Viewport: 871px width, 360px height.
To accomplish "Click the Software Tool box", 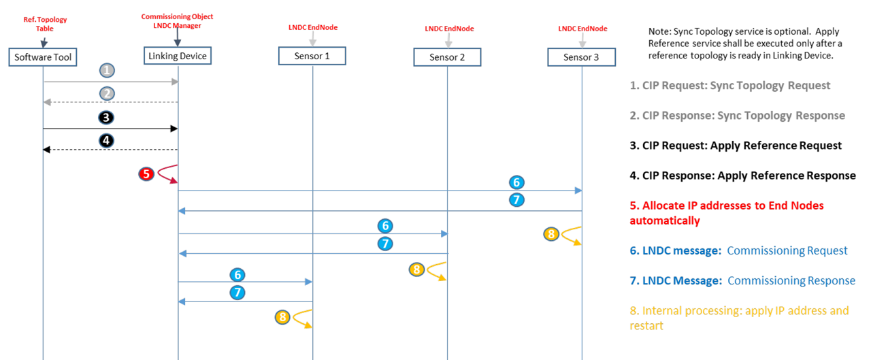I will pos(43,56).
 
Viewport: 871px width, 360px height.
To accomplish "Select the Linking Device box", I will pos(178,56).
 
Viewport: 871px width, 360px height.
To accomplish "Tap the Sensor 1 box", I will pos(312,56).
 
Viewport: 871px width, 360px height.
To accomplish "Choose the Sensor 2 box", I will pos(447,57).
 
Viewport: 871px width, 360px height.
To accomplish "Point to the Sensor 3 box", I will pos(581,57).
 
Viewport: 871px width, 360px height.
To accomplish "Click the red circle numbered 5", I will pos(146,174).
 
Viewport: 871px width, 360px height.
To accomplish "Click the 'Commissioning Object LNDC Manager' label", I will pos(177,20).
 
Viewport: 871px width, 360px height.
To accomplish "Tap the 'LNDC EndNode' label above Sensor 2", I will pos(448,29).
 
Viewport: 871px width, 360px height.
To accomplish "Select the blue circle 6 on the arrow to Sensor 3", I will pos(516,182).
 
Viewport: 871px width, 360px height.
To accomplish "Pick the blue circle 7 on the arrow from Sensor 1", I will pos(237,293).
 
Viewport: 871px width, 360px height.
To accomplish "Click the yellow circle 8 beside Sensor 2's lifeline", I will pos(416,269).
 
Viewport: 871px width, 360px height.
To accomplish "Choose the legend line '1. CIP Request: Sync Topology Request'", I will pos(730,86).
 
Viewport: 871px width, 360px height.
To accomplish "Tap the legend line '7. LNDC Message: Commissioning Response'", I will pos(742,280).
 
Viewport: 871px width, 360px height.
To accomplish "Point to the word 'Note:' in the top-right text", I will pos(660,31).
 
